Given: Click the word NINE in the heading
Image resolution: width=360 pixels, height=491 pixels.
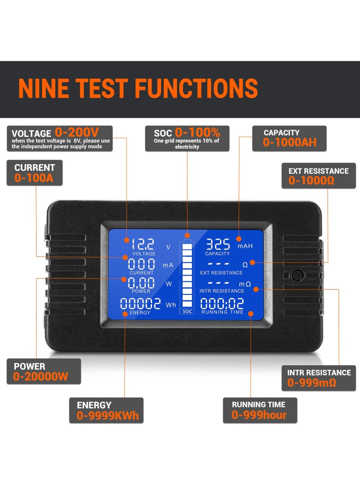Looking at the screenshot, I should (44, 88).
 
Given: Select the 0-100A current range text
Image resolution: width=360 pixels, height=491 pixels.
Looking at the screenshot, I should (34, 178).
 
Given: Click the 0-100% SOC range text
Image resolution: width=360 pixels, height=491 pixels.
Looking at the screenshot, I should (198, 132).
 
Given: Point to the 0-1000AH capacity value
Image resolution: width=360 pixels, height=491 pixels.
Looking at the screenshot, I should (290, 143).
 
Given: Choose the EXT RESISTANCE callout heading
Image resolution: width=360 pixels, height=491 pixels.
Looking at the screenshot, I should (319, 171).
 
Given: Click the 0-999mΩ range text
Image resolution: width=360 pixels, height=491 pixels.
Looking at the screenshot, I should (312, 383).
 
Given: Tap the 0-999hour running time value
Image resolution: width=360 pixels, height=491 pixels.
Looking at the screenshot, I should (259, 415).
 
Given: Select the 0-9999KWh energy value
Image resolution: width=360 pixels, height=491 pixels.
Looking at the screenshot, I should (108, 415).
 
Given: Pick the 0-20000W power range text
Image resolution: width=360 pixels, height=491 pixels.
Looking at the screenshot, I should (41, 377).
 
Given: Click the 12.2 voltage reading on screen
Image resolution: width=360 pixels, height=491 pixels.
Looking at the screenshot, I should (143, 244).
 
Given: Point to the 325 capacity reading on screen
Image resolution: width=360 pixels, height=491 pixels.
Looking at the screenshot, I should (218, 244).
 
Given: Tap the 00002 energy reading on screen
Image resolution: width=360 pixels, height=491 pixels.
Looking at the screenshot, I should (140, 304).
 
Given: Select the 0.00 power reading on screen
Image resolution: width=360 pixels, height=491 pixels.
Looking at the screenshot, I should (141, 283).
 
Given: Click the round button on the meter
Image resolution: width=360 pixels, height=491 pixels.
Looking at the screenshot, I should (297, 275).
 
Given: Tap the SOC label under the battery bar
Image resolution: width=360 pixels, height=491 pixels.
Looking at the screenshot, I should (187, 311).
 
